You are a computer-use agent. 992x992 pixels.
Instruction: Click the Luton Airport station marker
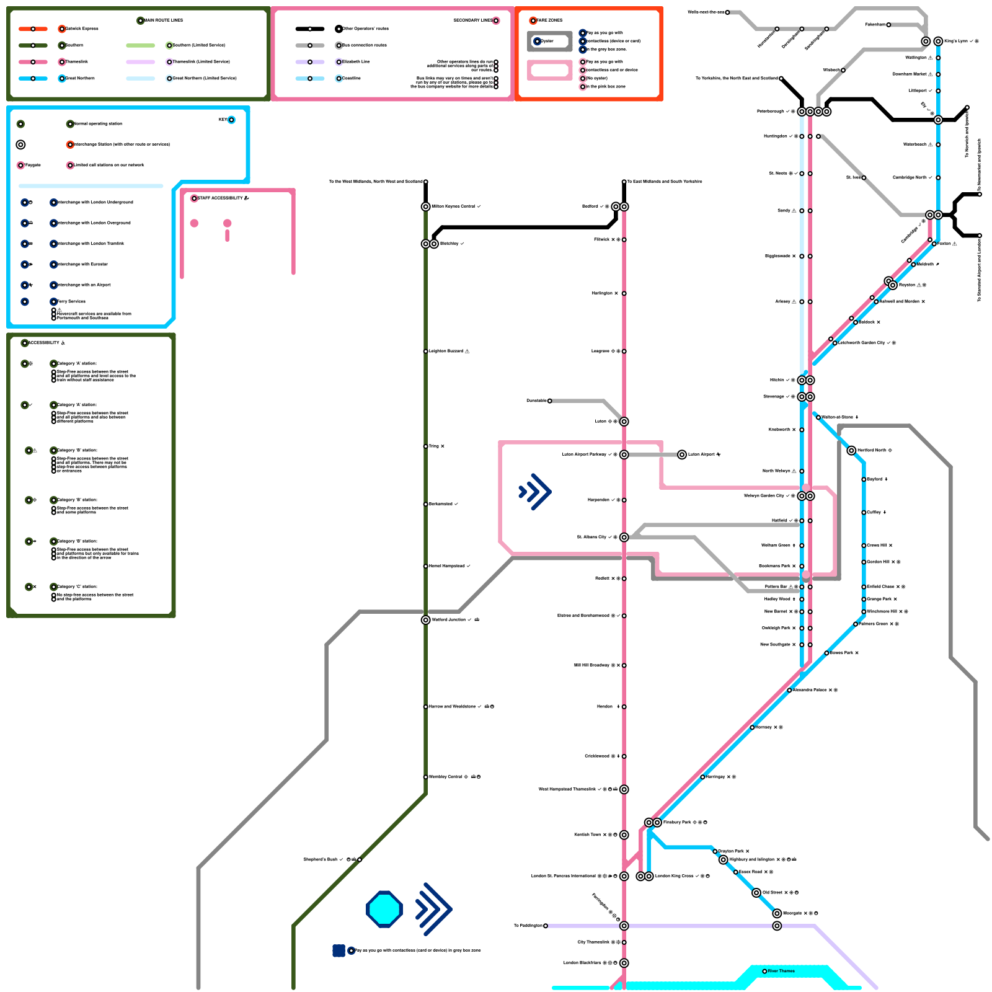[682, 454]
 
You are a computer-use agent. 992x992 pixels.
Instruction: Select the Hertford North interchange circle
[851, 450]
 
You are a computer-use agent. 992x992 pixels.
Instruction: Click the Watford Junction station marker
[426, 619]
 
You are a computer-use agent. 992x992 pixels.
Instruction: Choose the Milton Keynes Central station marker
[426, 206]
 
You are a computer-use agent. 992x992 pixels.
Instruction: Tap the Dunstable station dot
[549, 401]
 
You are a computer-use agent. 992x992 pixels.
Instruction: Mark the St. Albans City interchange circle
[624, 537]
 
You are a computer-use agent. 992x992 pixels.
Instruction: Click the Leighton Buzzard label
[446, 351]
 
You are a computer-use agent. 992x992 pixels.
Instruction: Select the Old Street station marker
[756, 893]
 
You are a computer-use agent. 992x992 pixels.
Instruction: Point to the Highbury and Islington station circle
[723, 859]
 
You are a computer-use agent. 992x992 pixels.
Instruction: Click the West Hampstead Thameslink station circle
[624, 789]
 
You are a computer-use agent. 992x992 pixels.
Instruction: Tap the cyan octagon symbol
[384, 910]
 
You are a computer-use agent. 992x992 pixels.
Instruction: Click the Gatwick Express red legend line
[33, 29]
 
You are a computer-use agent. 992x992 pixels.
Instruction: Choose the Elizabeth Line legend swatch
[310, 62]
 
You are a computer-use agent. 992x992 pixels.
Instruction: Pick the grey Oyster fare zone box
[549, 42]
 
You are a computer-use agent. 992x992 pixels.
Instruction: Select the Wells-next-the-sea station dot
[727, 12]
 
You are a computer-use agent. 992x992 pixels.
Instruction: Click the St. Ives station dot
[864, 178]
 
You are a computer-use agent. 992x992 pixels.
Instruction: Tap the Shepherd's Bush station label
[320, 859]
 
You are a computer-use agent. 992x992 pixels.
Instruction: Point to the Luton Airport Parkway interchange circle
[624, 454]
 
